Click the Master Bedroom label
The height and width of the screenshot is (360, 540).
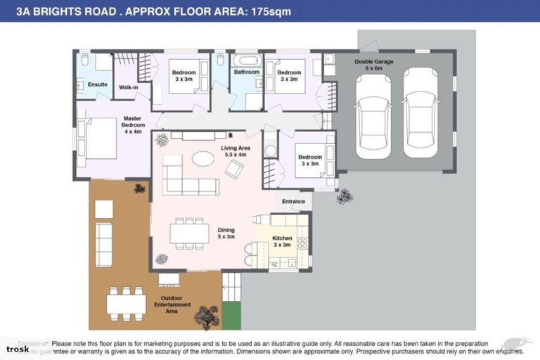click(x=133, y=125)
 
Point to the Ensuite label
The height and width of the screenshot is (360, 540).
click(x=98, y=84)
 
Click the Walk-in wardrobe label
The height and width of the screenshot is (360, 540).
click(x=128, y=87)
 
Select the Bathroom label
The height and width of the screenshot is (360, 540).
click(x=247, y=72)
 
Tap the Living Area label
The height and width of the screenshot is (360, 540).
click(x=236, y=150)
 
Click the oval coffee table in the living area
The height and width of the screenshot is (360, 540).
click(x=204, y=159)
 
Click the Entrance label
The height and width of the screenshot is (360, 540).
click(x=293, y=202)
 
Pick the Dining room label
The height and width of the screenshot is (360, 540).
click(x=226, y=233)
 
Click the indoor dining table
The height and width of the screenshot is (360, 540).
click(x=189, y=232)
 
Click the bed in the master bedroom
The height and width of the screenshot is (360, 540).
click(x=98, y=138)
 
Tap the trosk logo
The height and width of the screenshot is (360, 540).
click(x=18, y=349)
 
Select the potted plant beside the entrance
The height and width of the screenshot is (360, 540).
click(x=344, y=196)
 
